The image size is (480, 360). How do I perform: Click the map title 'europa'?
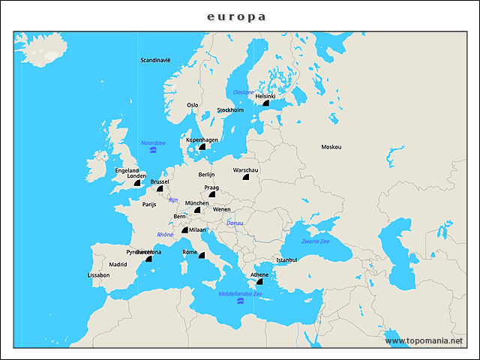pos(236,16)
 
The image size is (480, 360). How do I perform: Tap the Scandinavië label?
pos(156,60)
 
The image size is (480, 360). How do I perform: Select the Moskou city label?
pos(331,147)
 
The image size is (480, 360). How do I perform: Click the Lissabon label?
pos(98,275)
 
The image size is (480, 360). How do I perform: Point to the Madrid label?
pos(118,265)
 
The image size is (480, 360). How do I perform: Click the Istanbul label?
pos(286,260)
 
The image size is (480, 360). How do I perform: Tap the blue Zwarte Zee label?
pos(315,241)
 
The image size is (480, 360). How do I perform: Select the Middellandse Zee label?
pos(240,294)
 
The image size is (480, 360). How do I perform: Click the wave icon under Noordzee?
pos(153,151)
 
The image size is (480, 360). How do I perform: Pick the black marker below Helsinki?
pos(265,105)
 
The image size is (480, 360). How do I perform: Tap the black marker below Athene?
pos(259,283)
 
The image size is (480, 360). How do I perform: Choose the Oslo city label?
pos(193,105)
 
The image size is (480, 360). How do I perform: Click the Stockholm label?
pos(230,110)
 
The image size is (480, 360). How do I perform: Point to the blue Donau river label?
pos(235,223)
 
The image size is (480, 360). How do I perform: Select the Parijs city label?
pos(149,204)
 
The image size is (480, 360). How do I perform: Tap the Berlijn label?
pos(207,174)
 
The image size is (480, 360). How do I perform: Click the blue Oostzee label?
pos(243,91)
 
